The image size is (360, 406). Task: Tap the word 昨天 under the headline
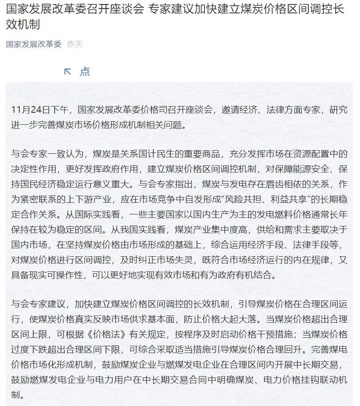[75, 44]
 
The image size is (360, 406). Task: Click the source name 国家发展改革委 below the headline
[34, 44]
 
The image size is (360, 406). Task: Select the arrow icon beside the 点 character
[68, 71]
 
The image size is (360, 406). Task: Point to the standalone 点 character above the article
[85, 71]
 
